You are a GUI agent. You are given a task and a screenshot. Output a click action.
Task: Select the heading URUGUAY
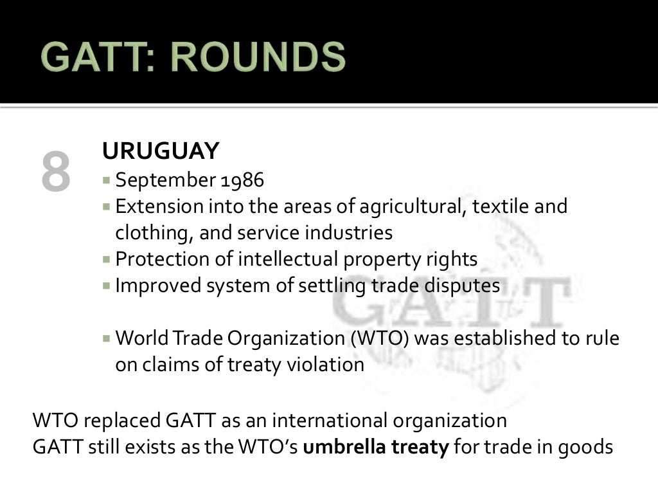pyautogui.click(x=161, y=152)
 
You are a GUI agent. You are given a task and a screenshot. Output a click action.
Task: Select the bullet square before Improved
pyautogui.click(x=107, y=286)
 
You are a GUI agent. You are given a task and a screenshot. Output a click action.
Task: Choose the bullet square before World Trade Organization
pyautogui.click(x=107, y=338)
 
